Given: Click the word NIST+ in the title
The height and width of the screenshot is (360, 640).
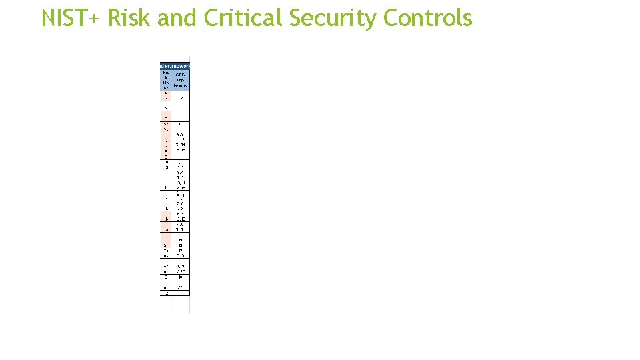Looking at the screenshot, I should tap(70, 18).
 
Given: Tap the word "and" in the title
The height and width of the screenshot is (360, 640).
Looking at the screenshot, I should tap(178, 18).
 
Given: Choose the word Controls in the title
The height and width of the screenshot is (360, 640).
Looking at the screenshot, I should tap(428, 18).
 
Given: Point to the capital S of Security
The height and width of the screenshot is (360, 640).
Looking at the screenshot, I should tap(295, 18).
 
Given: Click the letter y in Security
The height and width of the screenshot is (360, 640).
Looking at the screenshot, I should tap(371, 21).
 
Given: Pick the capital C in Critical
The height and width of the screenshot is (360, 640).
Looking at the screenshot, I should tap(211, 18).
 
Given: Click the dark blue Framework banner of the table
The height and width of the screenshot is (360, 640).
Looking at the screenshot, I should tap(175, 65).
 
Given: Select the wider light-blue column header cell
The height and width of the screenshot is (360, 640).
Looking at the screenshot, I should tap(181, 79).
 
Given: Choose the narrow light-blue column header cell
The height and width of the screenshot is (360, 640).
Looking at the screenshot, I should tap(166, 79).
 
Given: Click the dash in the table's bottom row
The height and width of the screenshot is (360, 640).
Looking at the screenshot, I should tap(181, 293).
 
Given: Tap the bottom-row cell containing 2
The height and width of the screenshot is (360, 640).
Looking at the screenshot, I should tap(166, 293).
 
